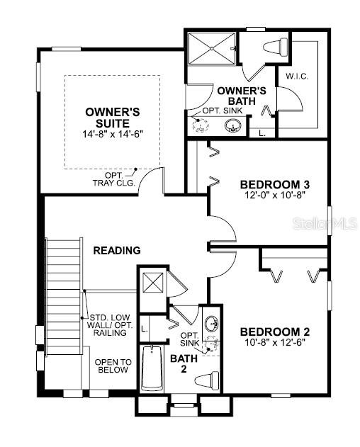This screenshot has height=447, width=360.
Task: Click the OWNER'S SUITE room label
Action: click(x=112, y=118)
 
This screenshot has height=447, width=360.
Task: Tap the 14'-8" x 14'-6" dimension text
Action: click(x=112, y=134)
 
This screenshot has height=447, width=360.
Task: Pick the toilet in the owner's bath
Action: click(x=274, y=46)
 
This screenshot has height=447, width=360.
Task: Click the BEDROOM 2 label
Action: click(x=275, y=332)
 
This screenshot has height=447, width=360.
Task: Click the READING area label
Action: click(x=116, y=250)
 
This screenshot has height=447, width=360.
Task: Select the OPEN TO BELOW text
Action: click(x=112, y=366)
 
